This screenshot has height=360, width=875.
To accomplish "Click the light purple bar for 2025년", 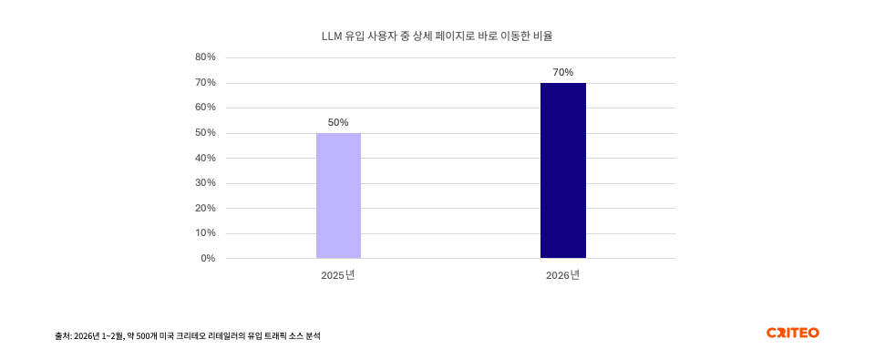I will (338, 196).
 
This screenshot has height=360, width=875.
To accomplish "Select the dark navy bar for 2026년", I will (562, 170).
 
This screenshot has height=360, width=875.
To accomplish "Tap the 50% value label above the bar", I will (338, 122).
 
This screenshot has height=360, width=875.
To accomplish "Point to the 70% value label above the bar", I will (562, 72).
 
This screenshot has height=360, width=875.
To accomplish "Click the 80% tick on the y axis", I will (205, 57).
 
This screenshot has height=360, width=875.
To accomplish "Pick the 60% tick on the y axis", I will (205, 108).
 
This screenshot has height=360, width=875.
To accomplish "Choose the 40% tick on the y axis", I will (205, 158).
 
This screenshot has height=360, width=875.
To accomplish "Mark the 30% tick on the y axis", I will (205, 183).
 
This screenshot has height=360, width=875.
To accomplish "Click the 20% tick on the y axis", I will (205, 208).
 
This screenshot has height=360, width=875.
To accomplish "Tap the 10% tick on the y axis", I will (205, 233).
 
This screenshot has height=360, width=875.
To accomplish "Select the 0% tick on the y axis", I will (208, 258).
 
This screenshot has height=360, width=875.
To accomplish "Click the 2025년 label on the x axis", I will (337, 275).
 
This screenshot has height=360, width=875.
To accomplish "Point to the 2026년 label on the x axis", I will (562, 275).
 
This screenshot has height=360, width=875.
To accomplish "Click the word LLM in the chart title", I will (333, 36).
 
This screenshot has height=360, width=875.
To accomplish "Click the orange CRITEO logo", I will (792, 333).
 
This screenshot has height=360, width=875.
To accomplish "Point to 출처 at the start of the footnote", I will (62, 336).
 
